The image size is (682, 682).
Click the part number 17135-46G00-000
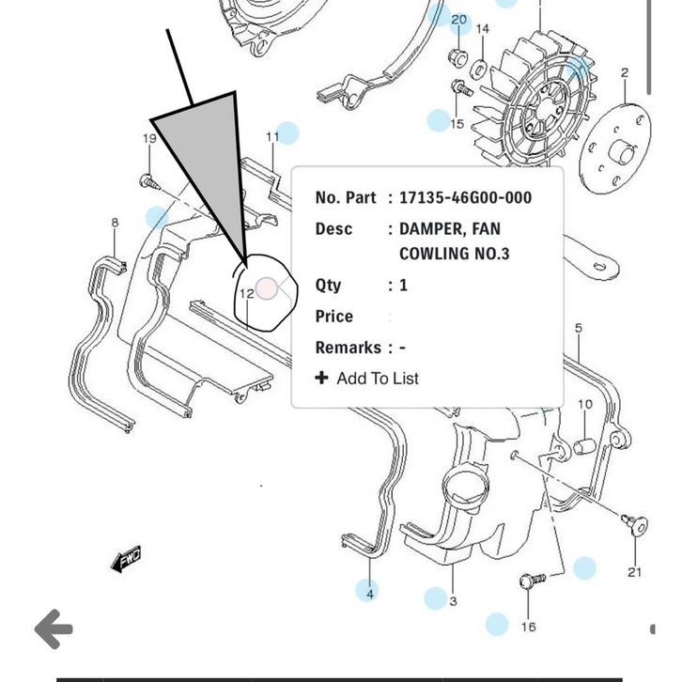(465, 197)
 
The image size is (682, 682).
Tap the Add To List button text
(377, 378)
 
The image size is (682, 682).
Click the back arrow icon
(54, 628)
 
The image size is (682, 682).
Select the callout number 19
(149, 139)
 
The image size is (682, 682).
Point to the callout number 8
(115, 223)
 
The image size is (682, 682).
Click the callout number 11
(272, 136)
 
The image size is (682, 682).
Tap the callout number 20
(458, 20)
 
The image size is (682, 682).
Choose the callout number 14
(482, 29)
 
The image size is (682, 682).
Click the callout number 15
(457, 123)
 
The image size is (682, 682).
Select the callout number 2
(625, 72)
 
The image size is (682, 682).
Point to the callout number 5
(579, 328)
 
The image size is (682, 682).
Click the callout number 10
(585, 404)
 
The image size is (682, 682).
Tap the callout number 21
(635, 571)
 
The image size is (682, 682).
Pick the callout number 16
(529, 627)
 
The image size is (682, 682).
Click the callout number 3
(453, 600)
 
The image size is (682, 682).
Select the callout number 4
(370, 594)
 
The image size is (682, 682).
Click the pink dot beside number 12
(267, 287)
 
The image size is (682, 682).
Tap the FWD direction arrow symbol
(126, 560)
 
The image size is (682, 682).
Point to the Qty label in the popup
(328, 285)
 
